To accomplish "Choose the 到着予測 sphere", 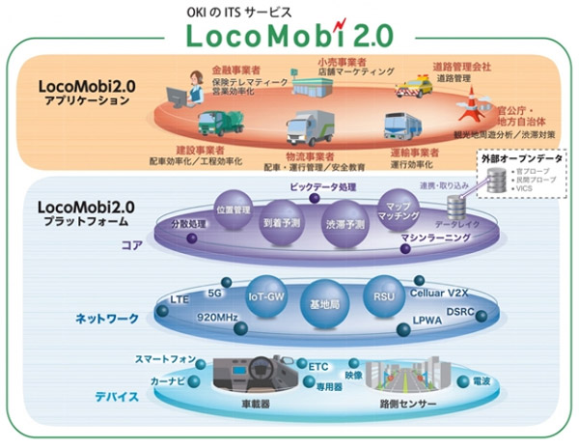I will tap(283, 217).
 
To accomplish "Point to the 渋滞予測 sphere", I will tap(343, 219).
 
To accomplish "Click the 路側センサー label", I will tap(411, 403).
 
